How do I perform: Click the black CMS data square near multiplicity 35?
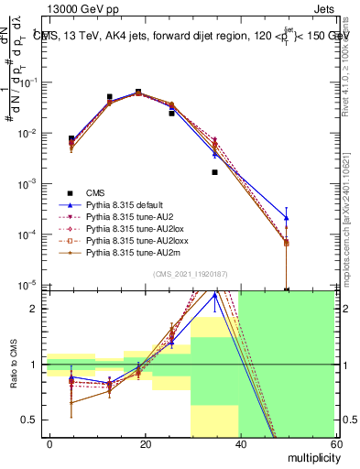pyautogui.click(x=215, y=172)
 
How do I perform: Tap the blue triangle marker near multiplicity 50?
pyautogui.click(x=287, y=217)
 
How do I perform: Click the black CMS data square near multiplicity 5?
pyautogui.click(x=71, y=138)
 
